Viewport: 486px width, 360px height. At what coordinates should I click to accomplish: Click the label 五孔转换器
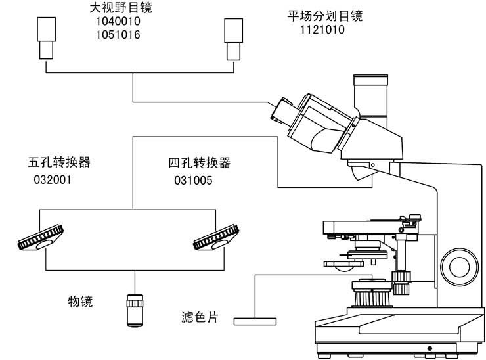[59, 163]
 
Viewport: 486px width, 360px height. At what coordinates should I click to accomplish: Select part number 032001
[52, 179]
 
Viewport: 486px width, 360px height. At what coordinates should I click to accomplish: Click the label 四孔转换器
[200, 163]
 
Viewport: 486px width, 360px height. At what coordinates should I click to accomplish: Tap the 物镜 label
[81, 302]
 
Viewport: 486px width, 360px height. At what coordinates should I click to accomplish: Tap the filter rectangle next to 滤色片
[255, 321]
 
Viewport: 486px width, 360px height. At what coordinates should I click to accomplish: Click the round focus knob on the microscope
[459, 265]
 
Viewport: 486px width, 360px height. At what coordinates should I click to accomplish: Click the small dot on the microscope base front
[430, 348]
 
